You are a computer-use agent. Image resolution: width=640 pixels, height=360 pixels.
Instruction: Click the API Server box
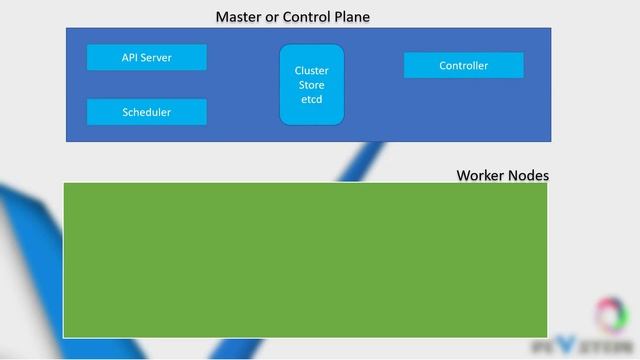[146, 58]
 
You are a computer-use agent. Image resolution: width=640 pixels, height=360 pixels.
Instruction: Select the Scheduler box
[146, 112]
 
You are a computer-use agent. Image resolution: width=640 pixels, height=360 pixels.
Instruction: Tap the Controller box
[463, 66]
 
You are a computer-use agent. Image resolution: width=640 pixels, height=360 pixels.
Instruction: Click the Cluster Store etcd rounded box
[311, 85]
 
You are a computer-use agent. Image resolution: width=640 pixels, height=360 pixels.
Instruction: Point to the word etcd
[311, 99]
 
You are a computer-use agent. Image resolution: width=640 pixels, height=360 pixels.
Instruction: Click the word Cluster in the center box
[311, 71]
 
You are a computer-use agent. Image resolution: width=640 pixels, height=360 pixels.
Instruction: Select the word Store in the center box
[311, 85]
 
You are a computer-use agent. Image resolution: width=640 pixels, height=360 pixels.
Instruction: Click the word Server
[155, 58]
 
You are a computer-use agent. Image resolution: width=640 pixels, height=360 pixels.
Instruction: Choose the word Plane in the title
[351, 18]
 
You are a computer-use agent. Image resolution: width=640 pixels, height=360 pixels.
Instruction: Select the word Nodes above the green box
[528, 175]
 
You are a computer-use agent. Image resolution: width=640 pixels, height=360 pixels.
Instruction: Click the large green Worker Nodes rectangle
[305, 259]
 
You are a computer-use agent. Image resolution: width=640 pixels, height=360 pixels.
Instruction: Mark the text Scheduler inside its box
[146, 113]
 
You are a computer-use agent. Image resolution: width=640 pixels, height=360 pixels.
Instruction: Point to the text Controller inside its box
[463, 66]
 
